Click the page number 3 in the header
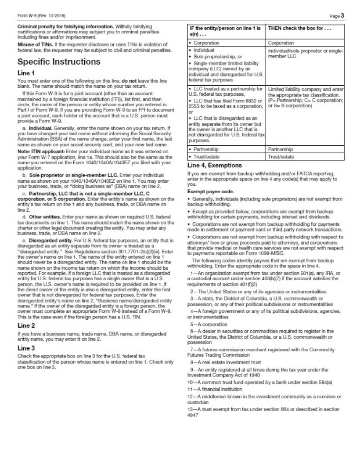pos(342,16)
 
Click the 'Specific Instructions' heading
pos(59,61)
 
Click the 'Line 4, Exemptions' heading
pos(214,166)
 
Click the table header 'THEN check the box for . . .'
pos(299,29)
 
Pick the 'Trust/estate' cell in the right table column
pos(281,157)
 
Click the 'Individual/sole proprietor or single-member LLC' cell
pos(306,54)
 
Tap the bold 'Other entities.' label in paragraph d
pos(44,217)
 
